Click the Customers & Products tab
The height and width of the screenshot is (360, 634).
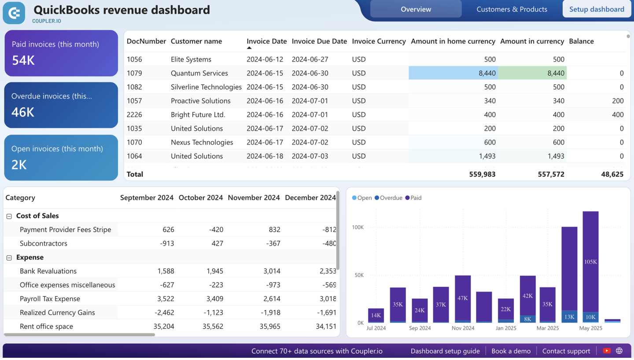click(x=512, y=9)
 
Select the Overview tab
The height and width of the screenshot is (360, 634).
click(x=416, y=9)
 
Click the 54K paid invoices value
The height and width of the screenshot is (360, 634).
click(x=23, y=60)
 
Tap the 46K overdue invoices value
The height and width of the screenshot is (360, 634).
click(x=23, y=112)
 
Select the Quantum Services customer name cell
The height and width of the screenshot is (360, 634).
click(x=199, y=73)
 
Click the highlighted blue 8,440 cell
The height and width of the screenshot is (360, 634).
click(x=453, y=73)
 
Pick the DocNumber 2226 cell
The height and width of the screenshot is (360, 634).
click(x=134, y=114)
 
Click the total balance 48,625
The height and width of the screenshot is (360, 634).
click(x=612, y=174)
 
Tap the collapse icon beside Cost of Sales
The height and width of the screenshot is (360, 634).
click(x=9, y=216)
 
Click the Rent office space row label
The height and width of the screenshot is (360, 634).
click(x=46, y=327)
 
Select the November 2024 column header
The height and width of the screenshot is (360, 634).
click(x=254, y=198)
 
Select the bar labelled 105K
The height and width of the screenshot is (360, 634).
click(x=590, y=262)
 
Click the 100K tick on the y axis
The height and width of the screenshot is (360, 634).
click(x=358, y=228)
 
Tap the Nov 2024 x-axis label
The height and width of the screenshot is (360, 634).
click(x=463, y=328)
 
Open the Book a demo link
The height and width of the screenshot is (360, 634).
click(x=511, y=351)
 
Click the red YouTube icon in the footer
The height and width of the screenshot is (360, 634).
click(x=607, y=351)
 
